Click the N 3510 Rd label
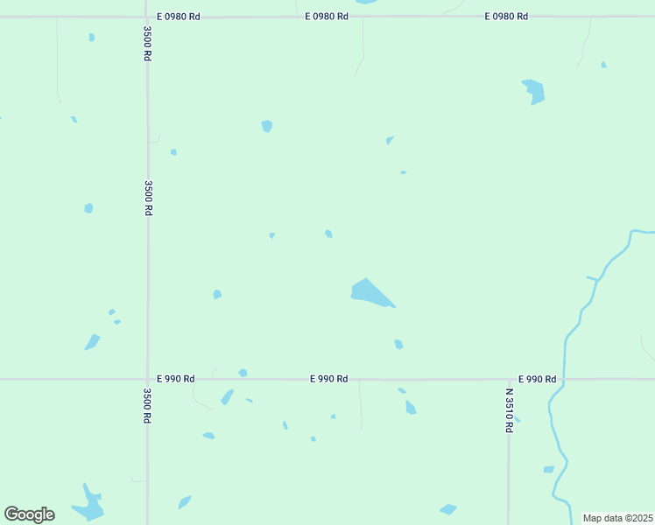[509, 410]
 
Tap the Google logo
[29, 514]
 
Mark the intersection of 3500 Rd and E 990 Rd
[147, 379]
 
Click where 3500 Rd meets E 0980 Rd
[147, 16]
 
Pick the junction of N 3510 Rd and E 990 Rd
[509, 379]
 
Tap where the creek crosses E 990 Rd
[565, 379]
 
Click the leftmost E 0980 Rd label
[179, 17]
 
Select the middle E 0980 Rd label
[327, 17]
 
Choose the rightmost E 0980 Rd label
[506, 17]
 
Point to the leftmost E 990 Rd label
[175, 379]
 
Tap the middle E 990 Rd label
[329, 379]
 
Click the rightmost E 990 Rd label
[537, 379]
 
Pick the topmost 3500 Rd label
[148, 42]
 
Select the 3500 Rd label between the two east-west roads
[149, 198]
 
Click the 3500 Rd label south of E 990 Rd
[147, 405]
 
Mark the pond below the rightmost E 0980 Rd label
[533, 90]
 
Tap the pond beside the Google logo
[88, 504]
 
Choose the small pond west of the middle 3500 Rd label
[88, 208]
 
